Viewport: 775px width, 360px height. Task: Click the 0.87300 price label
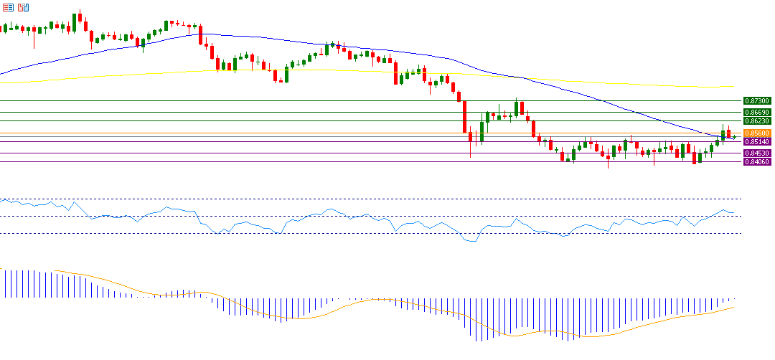tap(757, 102)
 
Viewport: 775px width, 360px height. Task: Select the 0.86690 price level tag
tap(757, 113)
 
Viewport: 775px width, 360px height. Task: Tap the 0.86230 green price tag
tap(757, 121)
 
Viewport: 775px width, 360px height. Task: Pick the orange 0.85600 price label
tap(757, 133)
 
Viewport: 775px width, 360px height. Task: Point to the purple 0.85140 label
tap(757, 142)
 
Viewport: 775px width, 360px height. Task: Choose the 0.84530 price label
tap(757, 153)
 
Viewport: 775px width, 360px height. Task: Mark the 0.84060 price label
tap(757, 162)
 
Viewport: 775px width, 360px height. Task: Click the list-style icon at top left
tap(9, 7)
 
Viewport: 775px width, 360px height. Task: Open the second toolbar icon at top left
tap(24, 7)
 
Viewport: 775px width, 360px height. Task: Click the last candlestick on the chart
tap(734, 136)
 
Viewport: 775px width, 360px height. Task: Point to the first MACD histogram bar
tap(5, 283)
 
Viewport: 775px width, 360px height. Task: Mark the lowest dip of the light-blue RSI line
tap(472, 242)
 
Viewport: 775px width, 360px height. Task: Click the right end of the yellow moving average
tap(733, 87)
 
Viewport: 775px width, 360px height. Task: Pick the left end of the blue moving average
tap(1, 74)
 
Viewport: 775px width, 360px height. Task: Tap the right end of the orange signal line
tap(734, 307)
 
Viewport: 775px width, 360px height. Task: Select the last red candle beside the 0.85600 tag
tap(728, 133)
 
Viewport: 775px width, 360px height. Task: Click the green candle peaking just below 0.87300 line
tap(517, 108)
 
